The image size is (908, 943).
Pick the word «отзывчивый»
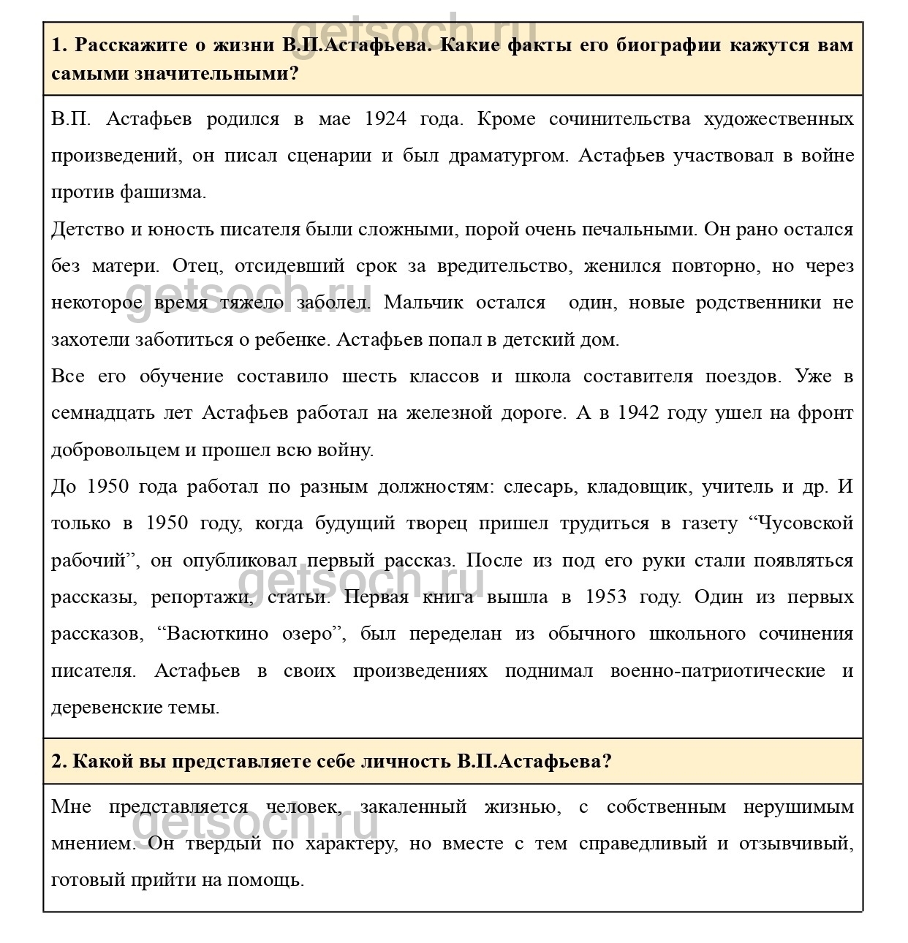coord(796,844)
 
